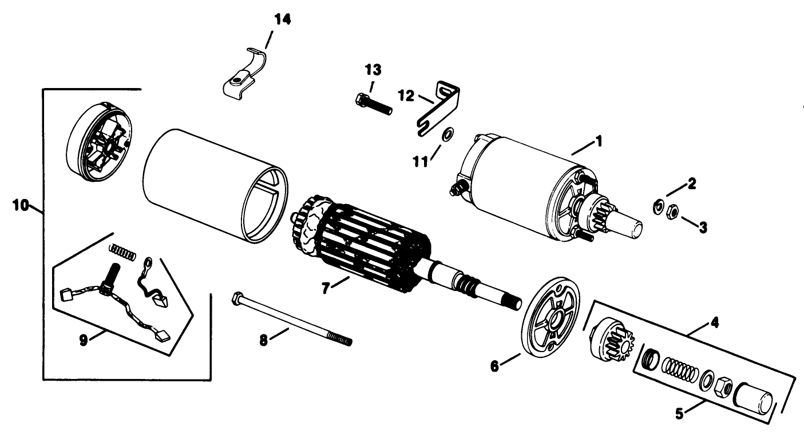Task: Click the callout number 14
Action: click(282, 19)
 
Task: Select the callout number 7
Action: click(325, 289)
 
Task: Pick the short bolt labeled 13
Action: click(373, 104)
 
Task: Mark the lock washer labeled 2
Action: click(658, 206)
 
